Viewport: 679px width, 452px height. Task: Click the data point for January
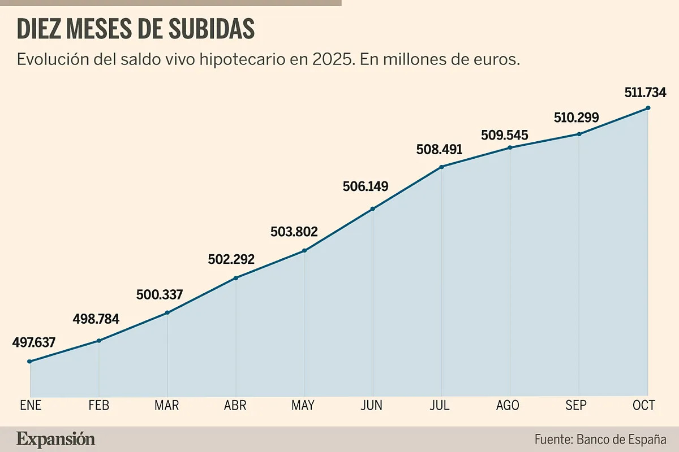(x=30, y=362)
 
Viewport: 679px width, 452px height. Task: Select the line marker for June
(x=373, y=209)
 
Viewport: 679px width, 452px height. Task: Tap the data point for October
(x=648, y=108)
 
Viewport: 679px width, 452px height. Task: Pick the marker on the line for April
(x=236, y=278)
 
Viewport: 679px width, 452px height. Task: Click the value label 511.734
(x=645, y=92)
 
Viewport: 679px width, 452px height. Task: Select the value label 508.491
(x=439, y=150)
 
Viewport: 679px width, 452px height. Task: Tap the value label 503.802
(x=294, y=232)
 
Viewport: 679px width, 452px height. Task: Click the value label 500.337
(x=160, y=295)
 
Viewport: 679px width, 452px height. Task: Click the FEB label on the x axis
(x=99, y=406)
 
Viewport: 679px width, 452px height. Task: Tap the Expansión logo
(x=55, y=439)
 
